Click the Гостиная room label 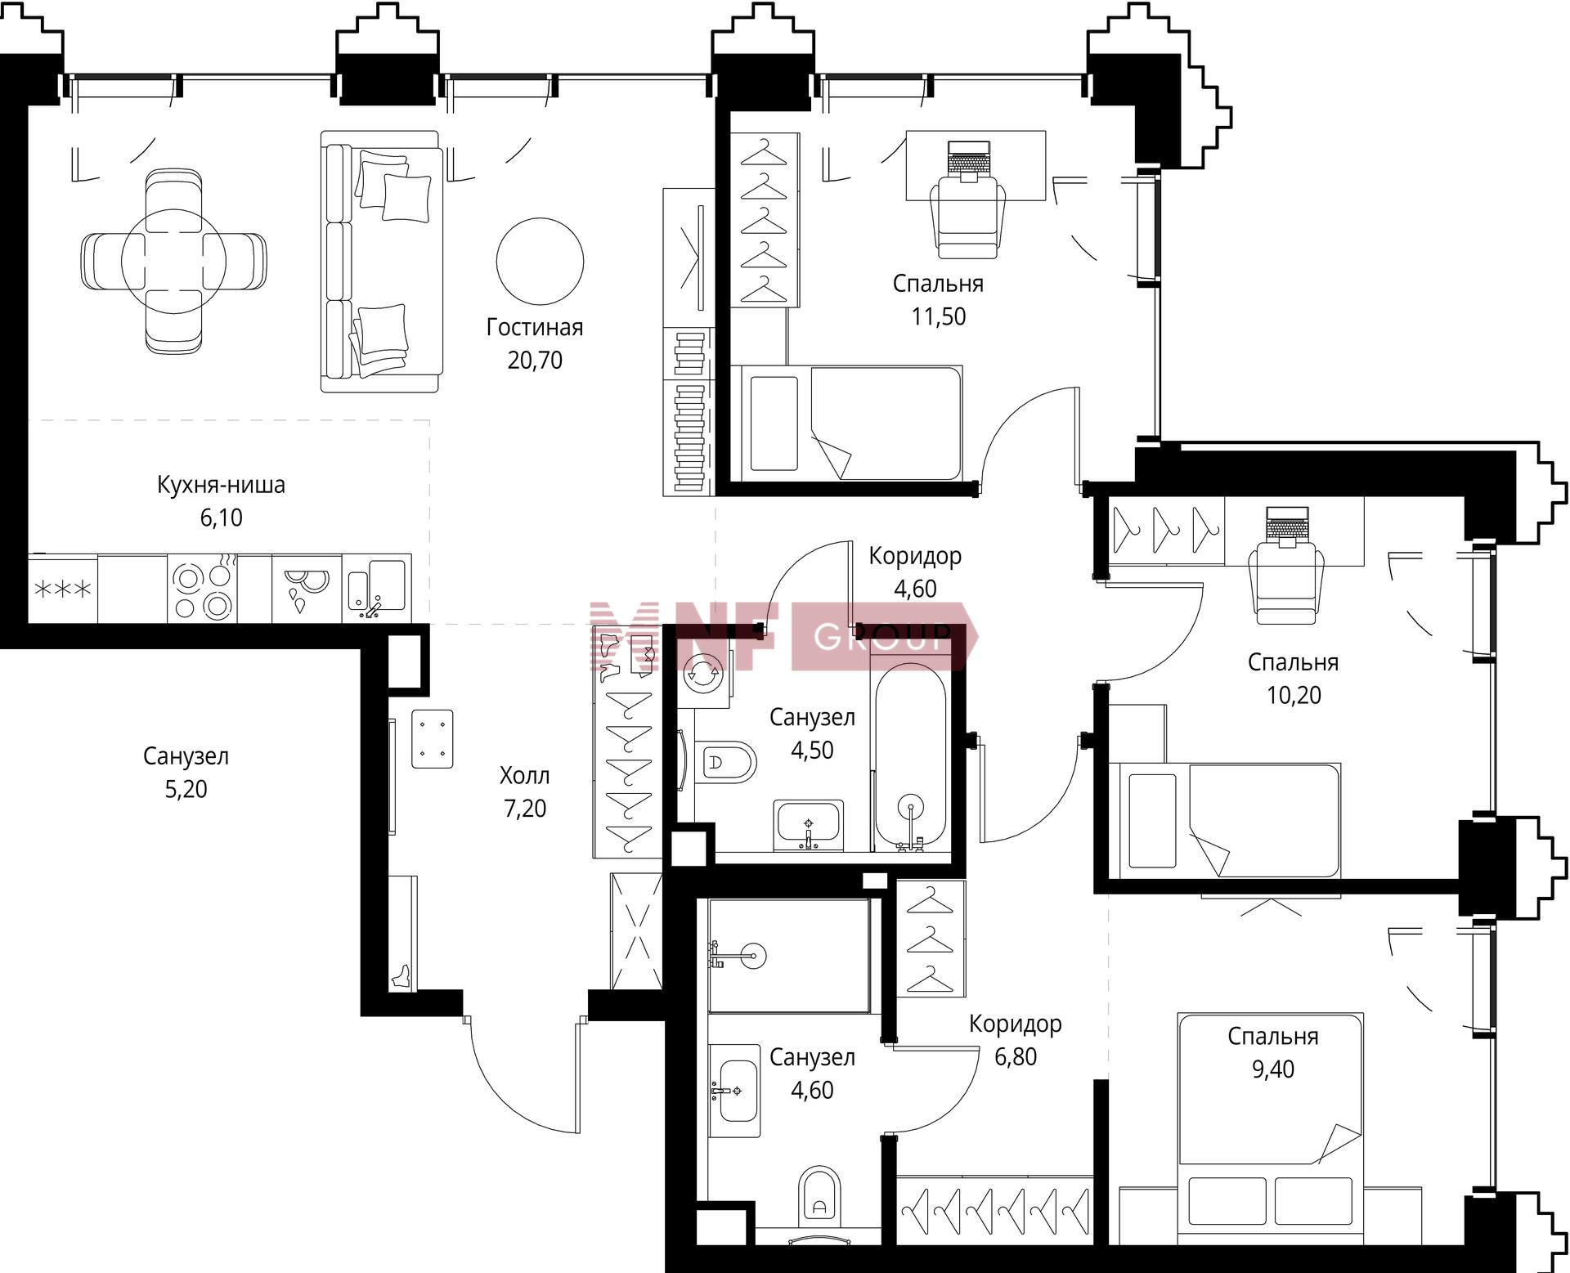pyautogui.click(x=535, y=328)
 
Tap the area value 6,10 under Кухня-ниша pyautogui.click(x=222, y=518)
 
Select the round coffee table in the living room pyautogui.click(x=540, y=261)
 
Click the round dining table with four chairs pyautogui.click(x=173, y=262)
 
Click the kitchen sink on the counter pyautogui.click(x=376, y=586)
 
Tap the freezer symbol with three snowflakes pyautogui.click(x=62, y=589)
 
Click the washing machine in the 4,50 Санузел pyautogui.click(x=704, y=673)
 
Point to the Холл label pyautogui.click(x=524, y=775)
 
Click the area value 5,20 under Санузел pyautogui.click(x=186, y=789)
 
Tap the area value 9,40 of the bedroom pyautogui.click(x=1272, y=1069)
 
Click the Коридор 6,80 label pyautogui.click(x=1016, y=1040)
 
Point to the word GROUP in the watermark pyautogui.click(x=883, y=635)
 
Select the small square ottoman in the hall pyautogui.click(x=433, y=738)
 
